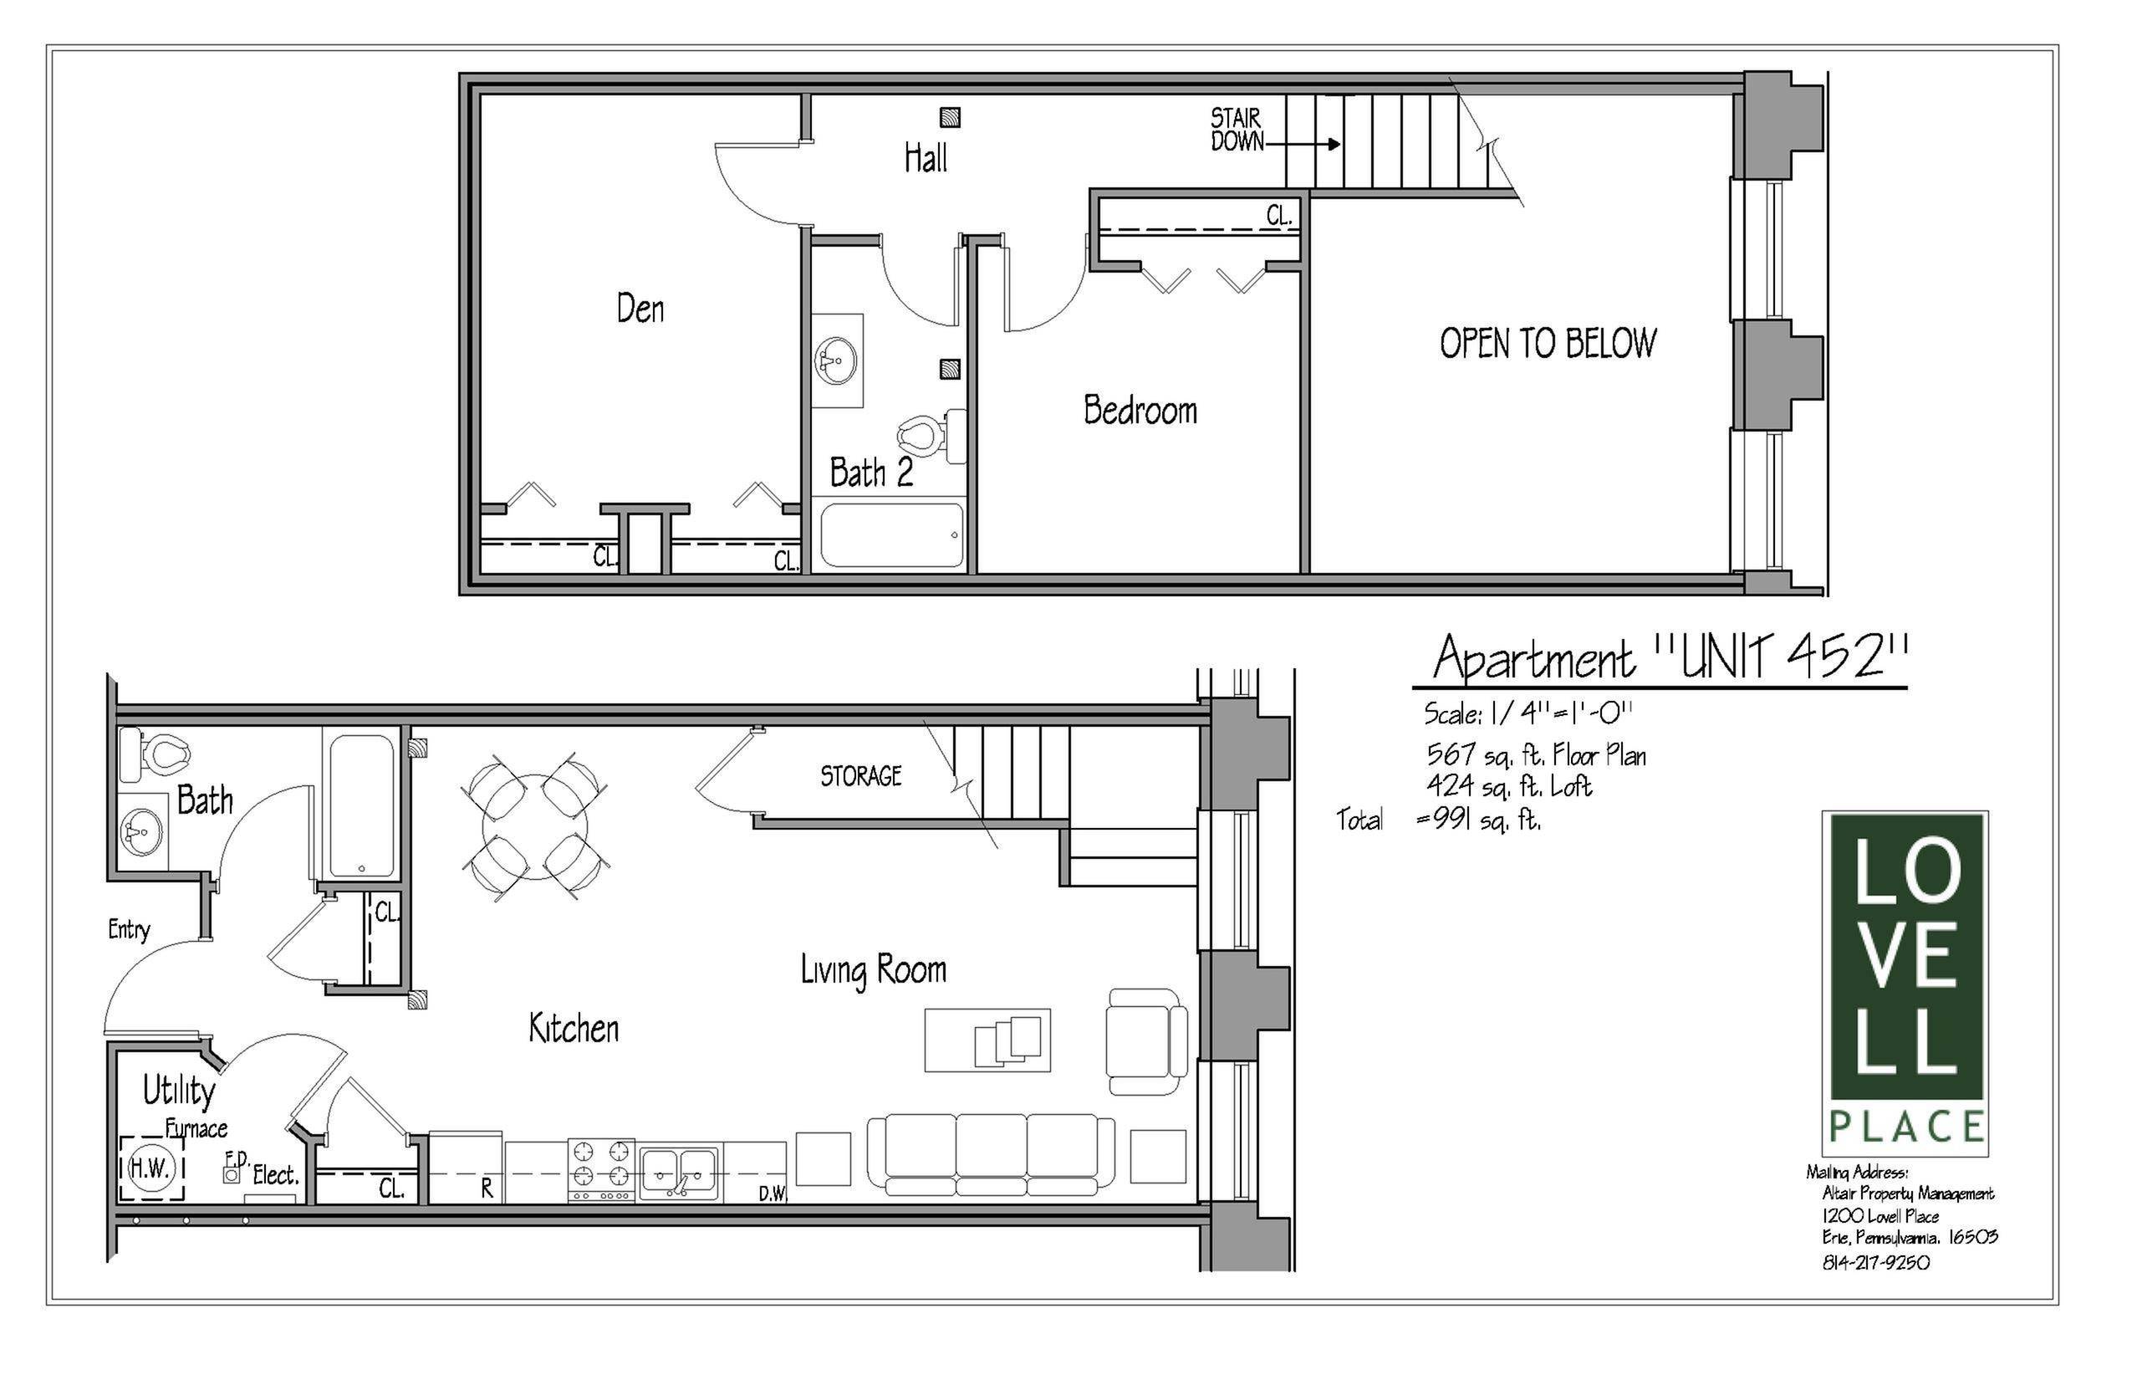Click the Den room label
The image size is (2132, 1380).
coord(640,309)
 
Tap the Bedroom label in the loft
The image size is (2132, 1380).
coord(1140,411)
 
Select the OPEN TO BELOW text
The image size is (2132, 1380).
coord(1548,343)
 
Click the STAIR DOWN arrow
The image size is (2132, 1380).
coord(1304,143)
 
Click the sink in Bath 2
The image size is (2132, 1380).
coord(836,360)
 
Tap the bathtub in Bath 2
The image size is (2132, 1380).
coord(892,535)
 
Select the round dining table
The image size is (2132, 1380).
coord(535,826)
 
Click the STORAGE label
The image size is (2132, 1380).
coord(861,776)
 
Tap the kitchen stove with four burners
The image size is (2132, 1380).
coord(601,1169)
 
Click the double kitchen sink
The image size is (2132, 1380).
coord(679,1171)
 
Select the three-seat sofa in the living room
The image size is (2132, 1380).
coord(992,1153)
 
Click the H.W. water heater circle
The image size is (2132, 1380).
coord(150,1168)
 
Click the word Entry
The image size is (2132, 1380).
coord(129,930)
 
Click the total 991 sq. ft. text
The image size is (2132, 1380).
coord(1478,820)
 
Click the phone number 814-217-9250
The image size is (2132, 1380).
coord(1876,1263)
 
